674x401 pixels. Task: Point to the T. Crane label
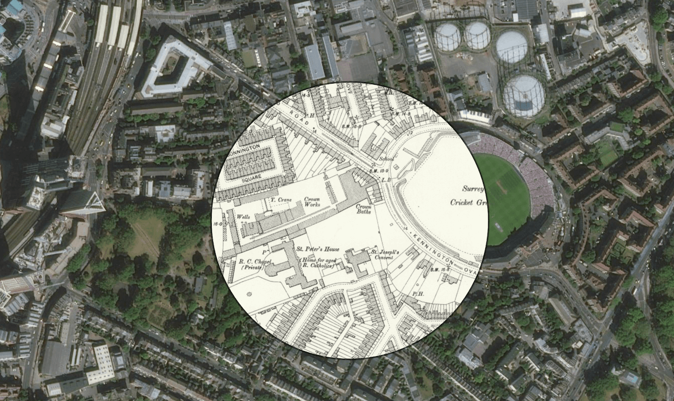pos(280,200)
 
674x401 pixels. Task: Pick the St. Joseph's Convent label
pos(384,256)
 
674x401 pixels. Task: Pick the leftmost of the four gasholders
pos(447,36)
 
